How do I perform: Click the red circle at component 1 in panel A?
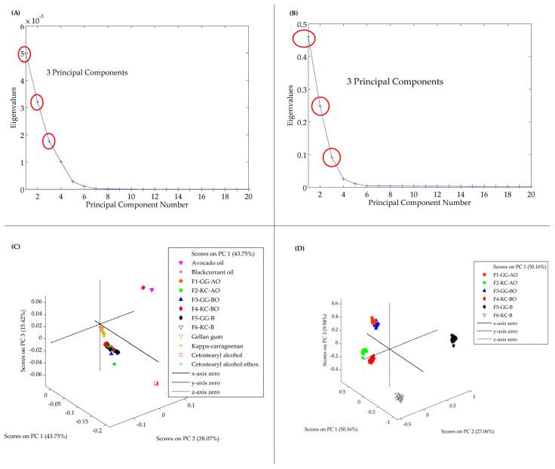point(25,54)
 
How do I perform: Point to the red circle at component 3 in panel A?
point(50,141)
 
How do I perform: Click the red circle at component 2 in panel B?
point(320,106)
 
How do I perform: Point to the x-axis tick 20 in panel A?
point(249,197)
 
